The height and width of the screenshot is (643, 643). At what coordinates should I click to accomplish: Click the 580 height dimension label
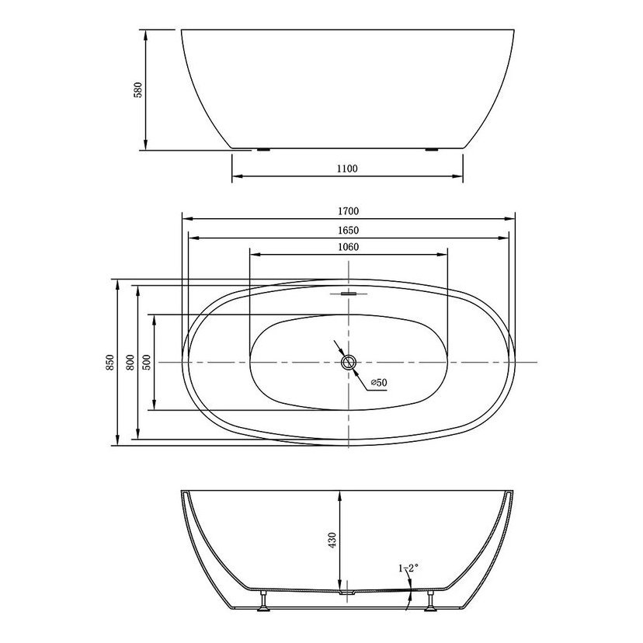[x=138, y=90]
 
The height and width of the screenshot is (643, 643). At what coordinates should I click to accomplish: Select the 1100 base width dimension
[x=347, y=169]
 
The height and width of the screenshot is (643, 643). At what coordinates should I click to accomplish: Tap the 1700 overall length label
[x=348, y=211]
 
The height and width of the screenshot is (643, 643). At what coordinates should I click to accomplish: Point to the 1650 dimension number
[x=348, y=231]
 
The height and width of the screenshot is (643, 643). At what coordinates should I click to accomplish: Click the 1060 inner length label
[x=348, y=247]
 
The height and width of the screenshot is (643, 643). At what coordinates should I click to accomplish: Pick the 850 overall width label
[x=110, y=363]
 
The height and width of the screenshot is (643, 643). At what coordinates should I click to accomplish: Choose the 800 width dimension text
[x=130, y=363]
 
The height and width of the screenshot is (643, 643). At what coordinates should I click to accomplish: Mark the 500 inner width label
[x=147, y=363]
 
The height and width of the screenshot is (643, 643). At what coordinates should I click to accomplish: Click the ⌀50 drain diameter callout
[x=379, y=383]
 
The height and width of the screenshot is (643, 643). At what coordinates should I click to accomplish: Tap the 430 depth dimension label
[x=332, y=540]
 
